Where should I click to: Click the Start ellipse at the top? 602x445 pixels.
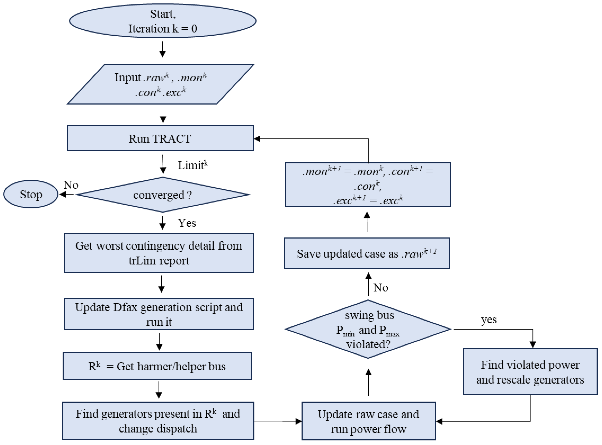[162, 21]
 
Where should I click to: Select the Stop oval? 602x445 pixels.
[31, 194]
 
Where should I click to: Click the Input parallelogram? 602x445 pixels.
[161, 84]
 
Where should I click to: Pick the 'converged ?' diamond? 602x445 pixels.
[162, 195]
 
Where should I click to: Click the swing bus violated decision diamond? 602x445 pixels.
[368, 329]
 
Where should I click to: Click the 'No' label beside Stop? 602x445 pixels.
[71, 185]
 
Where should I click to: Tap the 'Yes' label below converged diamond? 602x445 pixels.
[187, 223]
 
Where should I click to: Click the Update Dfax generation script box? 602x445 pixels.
[159, 314]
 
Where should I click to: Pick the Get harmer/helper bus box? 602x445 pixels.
[157, 366]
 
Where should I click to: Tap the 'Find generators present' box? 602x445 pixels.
[158, 421]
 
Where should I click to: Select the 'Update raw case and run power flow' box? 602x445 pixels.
[369, 421]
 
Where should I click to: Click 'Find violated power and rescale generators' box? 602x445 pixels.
[530, 372]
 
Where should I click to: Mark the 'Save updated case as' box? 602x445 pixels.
[367, 253]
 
